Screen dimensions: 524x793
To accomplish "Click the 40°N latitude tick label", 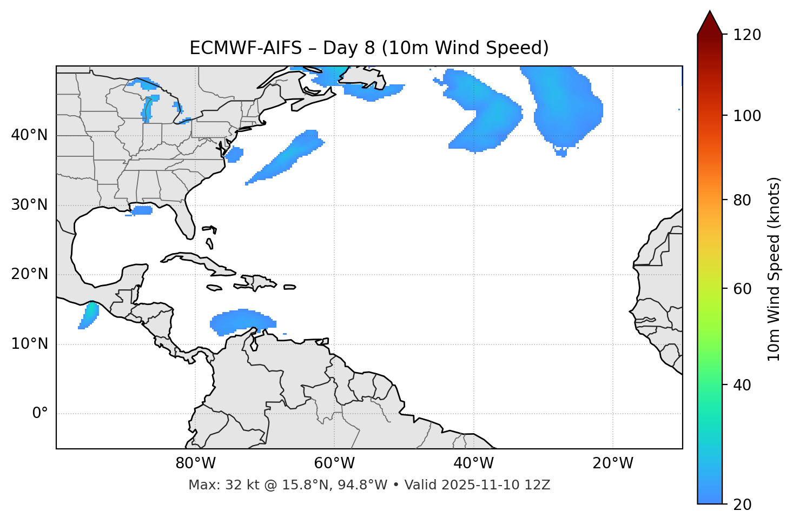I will (x=29, y=135).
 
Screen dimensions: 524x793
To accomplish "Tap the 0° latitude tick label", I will (x=40, y=414).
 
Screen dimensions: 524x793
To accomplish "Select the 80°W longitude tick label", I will (x=195, y=463).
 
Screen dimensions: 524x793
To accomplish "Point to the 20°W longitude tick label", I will (x=613, y=463).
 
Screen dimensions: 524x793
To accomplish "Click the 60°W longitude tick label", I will (x=334, y=463).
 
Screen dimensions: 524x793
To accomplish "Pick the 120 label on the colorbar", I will (x=746, y=35).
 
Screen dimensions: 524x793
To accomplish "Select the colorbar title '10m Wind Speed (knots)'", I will (x=774, y=269).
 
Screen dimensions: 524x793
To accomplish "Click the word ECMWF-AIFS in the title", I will (x=246, y=48).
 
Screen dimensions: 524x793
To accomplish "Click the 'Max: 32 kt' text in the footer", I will (x=218, y=485).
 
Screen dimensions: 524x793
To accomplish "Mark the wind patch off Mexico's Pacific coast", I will (x=89, y=315).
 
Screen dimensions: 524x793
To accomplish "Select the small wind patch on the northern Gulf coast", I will (x=142, y=210).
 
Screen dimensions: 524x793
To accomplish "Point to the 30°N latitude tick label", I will (x=29, y=205).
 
